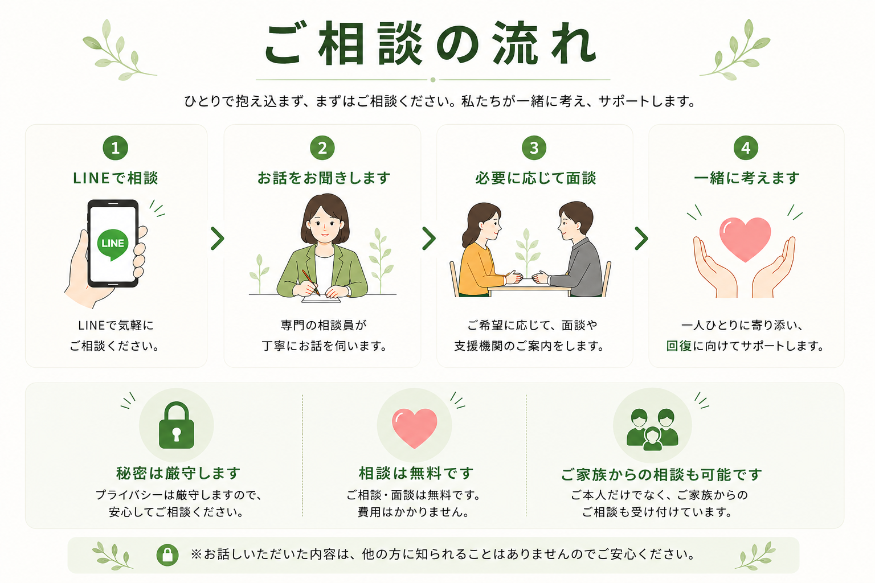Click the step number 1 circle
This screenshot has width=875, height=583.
pyautogui.click(x=115, y=147)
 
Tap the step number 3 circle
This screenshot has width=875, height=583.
pyautogui.click(x=534, y=147)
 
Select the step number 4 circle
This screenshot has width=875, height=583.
pyautogui.click(x=746, y=147)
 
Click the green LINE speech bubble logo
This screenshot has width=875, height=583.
pyautogui.click(x=112, y=244)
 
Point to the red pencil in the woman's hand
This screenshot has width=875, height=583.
pyautogui.click(x=310, y=282)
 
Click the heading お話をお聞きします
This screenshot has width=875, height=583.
pyautogui.click(x=324, y=178)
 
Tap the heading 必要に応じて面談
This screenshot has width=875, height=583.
pyautogui.click(x=535, y=178)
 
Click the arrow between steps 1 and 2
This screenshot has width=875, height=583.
pyautogui.click(x=217, y=238)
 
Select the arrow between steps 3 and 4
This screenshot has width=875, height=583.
pyautogui.click(x=641, y=238)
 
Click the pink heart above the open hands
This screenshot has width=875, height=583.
pyautogui.click(x=745, y=238)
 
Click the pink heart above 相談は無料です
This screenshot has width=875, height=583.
pyautogui.click(x=415, y=427)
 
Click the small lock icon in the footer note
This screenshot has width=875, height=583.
pyautogui.click(x=167, y=555)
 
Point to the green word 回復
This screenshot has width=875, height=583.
pyautogui.click(x=679, y=346)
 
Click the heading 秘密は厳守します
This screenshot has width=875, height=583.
pyautogui.click(x=178, y=473)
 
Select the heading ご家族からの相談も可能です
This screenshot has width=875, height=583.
pyautogui.click(x=661, y=475)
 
